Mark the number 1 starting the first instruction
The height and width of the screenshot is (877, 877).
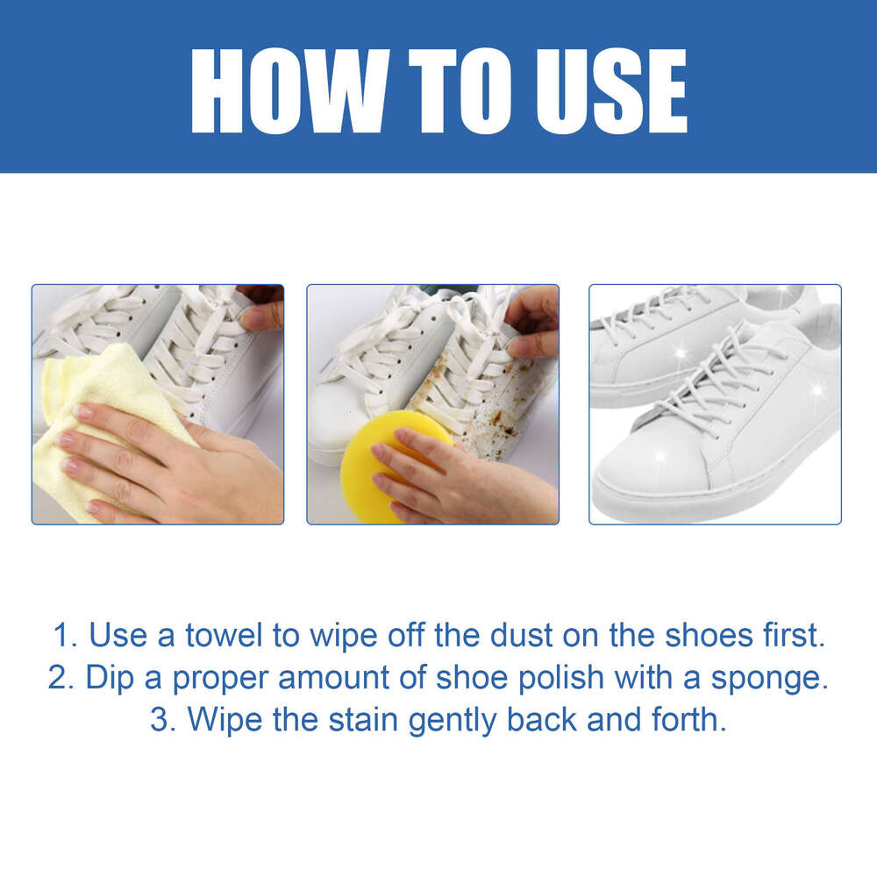pos(60,635)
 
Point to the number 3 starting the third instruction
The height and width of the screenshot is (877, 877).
pos(159,721)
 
